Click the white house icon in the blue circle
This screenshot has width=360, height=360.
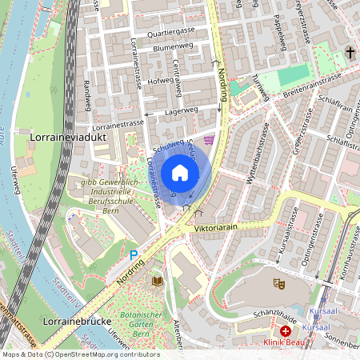coord(180,172)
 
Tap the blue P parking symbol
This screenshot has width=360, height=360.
coord(134,255)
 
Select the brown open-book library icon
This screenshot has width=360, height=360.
coord(158,280)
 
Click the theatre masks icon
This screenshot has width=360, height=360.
coord(279,283)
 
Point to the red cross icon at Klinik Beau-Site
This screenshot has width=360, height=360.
coord(285,330)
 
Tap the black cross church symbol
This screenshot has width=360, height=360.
coord(350,53)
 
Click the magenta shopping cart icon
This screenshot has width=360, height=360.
coord(209,140)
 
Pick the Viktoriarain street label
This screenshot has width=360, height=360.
coord(217,228)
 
